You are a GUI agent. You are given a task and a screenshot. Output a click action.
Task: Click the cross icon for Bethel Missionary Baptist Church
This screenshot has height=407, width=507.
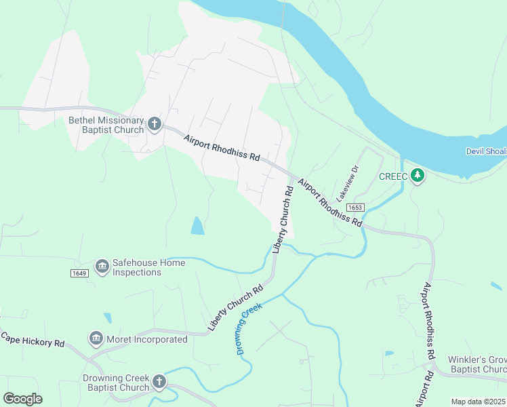pos(155,124)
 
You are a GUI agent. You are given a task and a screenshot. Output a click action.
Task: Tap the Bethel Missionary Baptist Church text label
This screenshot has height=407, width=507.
pos(106,125)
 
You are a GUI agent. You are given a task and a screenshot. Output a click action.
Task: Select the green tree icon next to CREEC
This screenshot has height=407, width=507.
pos(418,176)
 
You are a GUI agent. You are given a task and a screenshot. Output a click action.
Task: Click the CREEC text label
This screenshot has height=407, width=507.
pos(392,176)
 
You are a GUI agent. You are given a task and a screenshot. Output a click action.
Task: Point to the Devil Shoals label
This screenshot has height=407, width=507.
pos(485,151)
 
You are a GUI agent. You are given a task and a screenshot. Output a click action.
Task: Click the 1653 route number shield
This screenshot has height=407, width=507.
pos(354,207)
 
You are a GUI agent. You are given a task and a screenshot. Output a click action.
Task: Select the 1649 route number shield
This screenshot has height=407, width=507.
pos(79,273)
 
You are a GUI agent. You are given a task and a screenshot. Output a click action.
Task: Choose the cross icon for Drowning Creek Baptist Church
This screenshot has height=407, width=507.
pos(159,383)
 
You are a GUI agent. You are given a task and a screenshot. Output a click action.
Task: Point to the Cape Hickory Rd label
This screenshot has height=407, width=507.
pos(32,339)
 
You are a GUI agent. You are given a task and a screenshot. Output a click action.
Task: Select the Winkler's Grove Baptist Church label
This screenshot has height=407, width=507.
pos(476,364)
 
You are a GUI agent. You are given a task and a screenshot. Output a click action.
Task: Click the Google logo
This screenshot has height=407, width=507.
pos(22,399)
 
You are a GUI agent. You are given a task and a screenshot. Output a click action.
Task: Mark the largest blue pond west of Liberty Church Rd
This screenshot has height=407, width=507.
pos(197,226)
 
